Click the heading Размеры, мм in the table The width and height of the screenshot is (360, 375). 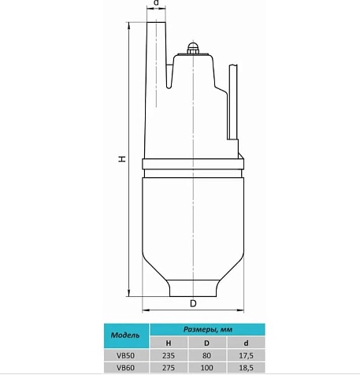(204, 329)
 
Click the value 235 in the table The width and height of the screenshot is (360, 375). (167, 355)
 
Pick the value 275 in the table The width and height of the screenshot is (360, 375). (167, 367)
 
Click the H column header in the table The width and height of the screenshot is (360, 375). (167, 343)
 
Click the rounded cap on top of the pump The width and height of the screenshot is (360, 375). (191, 49)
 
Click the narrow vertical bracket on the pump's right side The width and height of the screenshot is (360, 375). (233, 102)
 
